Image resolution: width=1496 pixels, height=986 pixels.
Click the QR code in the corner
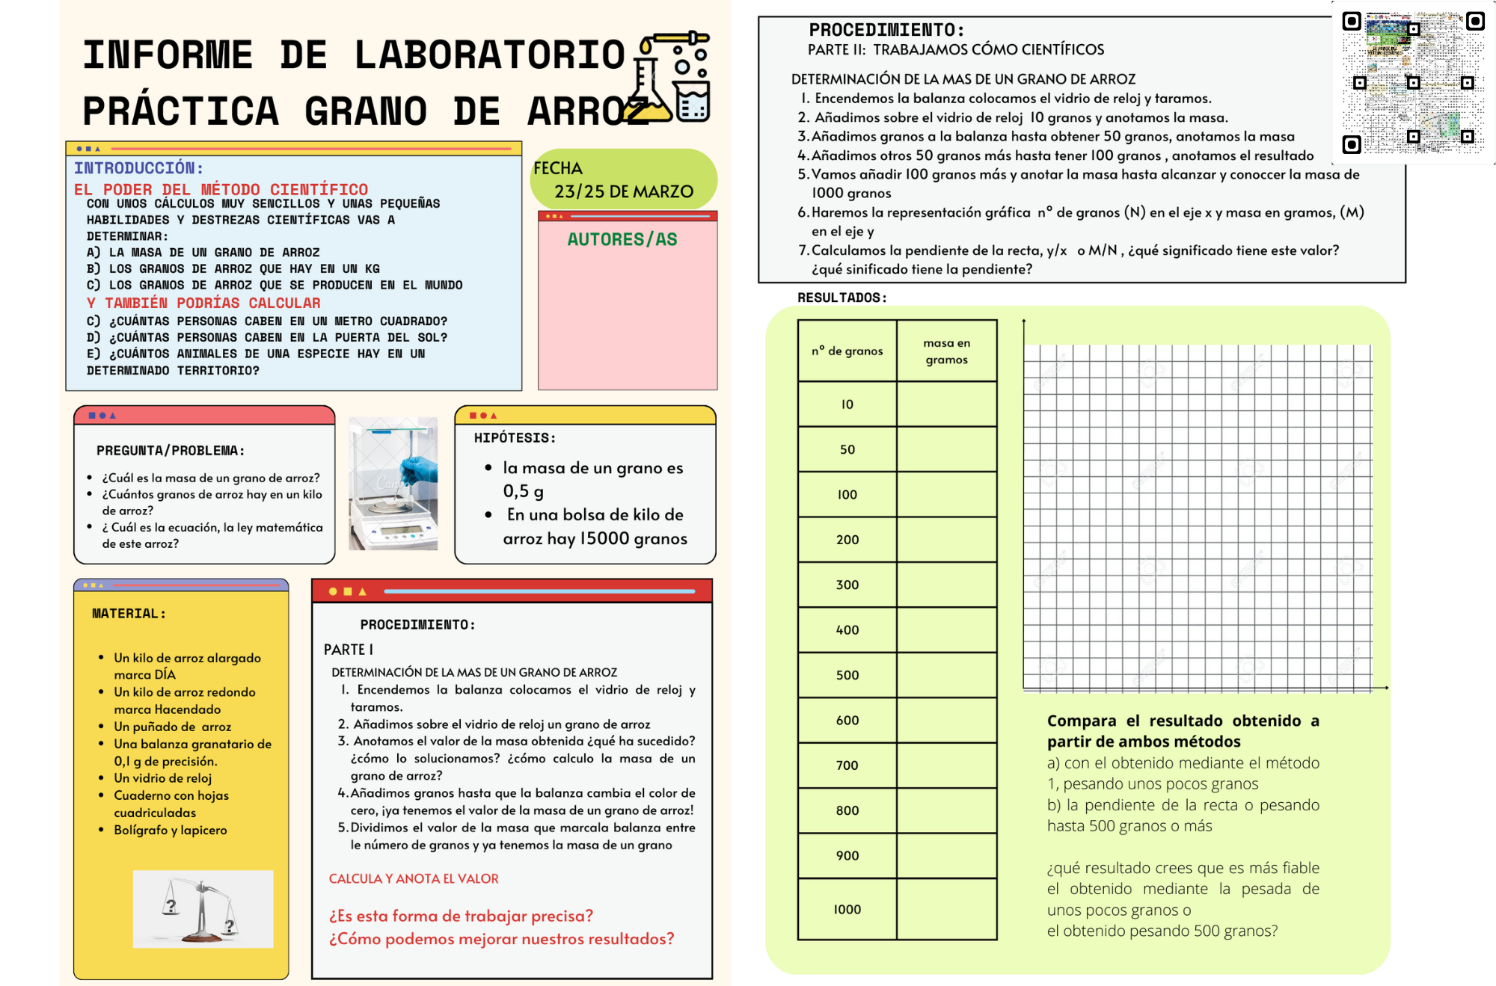[1413, 82]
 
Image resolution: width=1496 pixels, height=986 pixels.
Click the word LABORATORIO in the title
[489, 55]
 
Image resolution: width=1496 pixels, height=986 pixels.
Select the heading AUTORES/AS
[622, 239]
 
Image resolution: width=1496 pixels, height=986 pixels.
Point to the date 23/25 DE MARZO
[623, 191]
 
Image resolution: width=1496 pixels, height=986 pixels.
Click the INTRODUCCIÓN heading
[138, 168]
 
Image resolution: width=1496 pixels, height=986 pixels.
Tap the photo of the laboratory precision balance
[393, 484]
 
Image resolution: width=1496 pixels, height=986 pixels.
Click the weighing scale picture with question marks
[203, 909]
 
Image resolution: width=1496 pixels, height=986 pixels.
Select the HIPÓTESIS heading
[515, 438]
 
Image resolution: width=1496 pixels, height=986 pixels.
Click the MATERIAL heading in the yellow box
[129, 614]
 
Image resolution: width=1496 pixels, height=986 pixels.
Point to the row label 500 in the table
[847, 675]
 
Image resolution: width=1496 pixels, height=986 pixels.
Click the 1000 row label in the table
[847, 909]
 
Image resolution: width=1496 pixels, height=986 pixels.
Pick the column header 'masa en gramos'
[946, 351]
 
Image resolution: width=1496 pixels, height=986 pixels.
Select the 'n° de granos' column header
[847, 351]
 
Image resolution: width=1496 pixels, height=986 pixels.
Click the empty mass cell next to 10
[946, 404]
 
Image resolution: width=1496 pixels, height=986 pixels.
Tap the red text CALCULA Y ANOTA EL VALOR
[414, 878]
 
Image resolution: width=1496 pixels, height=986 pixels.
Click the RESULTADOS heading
[841, 298]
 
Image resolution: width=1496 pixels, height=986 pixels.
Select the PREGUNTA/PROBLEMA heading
[171, 451]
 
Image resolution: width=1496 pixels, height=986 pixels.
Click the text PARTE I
[349, 650]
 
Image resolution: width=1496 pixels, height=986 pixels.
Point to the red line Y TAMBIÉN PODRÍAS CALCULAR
[203, 303]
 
